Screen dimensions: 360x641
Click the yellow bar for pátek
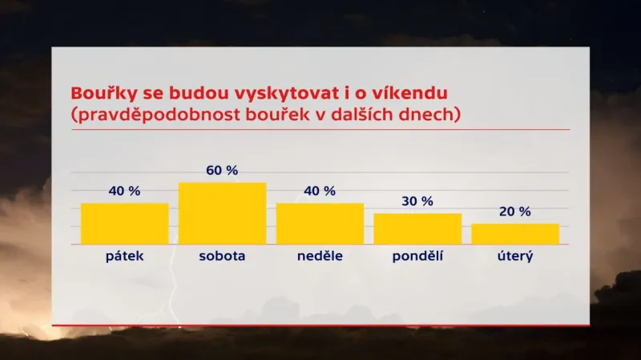click(x=124, y=224)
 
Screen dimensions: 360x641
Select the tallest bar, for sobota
click(x=222, y=213)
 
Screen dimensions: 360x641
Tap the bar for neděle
click(x=320, y=224)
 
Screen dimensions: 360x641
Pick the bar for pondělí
click(x=417, y=229)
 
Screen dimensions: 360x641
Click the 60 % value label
click(x=222, y=170)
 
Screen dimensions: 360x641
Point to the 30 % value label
click(x=417, y=201)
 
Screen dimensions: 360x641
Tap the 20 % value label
click(x=515, y=212)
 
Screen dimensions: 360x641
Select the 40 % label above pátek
click(x=124, y=191)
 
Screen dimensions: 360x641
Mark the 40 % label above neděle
click(x=320, y=191)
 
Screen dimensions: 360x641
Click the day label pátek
click(x=124, y=257)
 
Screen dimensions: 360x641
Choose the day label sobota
click(x=222, y=257)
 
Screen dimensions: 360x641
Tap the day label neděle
click(x=320, y=257)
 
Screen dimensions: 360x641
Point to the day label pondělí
click(x=417, y=257)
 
